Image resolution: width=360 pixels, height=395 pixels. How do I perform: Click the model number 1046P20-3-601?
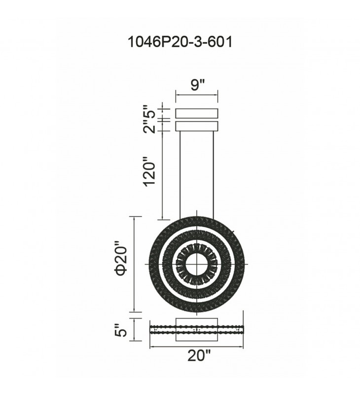pyautogui.click(x=180, y=42)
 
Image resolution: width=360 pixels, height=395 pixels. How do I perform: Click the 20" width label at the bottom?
pyautogui.click(x=199, y=355)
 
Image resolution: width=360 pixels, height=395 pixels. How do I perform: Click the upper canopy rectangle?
pyautogui.click(x=197, y=113)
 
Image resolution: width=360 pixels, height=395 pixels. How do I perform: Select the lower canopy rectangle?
pyautogui.click(x=197, y=126)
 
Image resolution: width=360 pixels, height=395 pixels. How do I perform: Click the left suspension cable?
pyautogui.click(x=180, y=176)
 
